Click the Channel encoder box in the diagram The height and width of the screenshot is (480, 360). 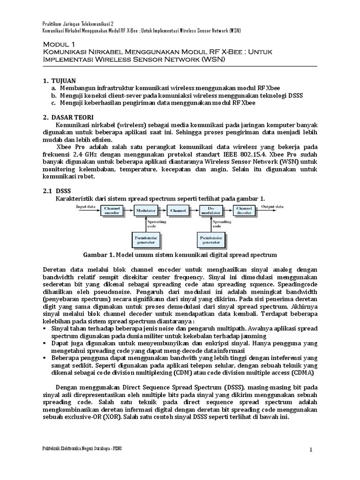(x=112, y=211)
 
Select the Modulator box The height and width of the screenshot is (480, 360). (x=146, y=211)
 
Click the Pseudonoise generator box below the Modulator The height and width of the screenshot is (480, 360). (x=146, y=240)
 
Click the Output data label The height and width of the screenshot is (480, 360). (x=272, y=206)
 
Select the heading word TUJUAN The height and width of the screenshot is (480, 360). (x=65, y=80)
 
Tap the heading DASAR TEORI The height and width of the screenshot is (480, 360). (x=73, y=117)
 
